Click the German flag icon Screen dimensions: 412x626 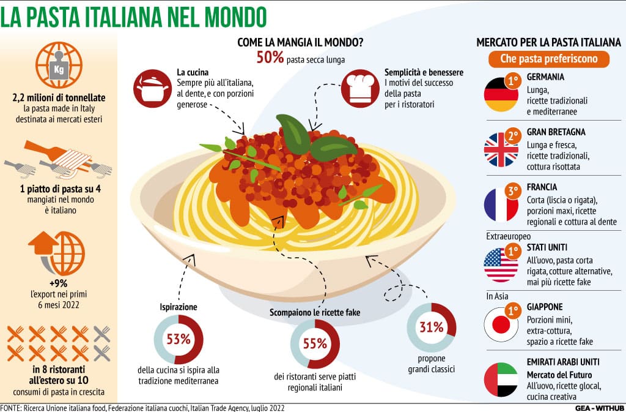501,95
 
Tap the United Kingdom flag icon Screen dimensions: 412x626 501,149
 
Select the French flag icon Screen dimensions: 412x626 501,205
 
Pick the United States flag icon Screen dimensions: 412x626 501,264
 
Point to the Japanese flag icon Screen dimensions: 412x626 501,323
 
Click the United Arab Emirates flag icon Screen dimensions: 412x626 501,380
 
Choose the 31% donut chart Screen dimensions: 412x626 432,327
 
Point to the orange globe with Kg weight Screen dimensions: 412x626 59,66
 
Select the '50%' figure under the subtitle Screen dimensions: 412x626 270,59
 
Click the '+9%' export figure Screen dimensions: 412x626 59,283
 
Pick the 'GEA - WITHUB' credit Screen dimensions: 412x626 598,408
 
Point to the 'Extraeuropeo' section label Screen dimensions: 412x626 509,236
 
